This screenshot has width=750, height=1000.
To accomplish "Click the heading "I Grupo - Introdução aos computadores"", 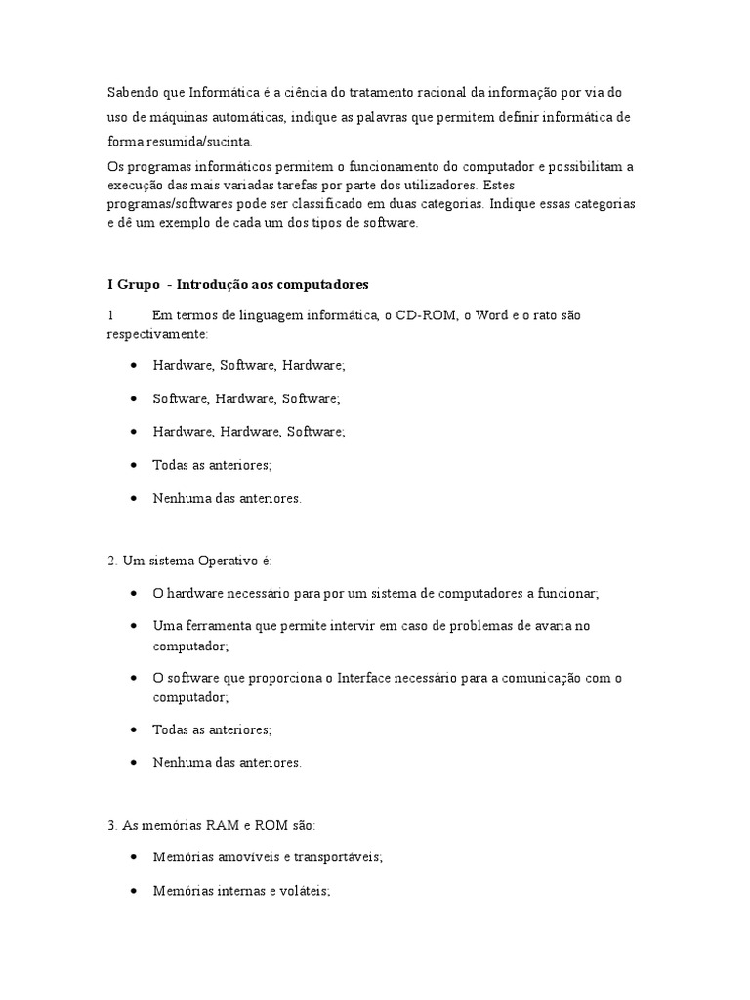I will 237,285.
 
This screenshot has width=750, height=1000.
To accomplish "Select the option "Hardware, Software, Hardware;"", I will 249,365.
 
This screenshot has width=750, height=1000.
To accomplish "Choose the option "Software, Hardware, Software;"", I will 246,398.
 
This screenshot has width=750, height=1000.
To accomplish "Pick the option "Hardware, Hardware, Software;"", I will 249,432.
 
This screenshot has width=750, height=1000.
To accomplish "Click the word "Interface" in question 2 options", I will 365,679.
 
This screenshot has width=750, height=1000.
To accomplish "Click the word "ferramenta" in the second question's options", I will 213,626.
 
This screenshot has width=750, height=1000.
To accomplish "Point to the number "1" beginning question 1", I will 111,316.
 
